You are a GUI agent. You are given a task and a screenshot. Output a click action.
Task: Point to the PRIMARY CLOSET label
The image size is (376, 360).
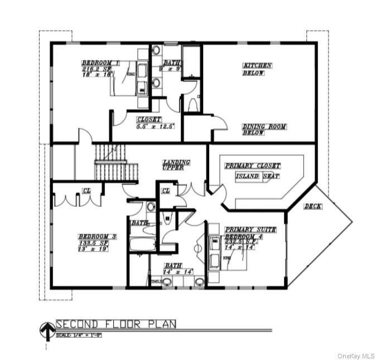[252, 166]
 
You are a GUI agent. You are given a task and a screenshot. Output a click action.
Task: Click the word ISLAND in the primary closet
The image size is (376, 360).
[248, 176]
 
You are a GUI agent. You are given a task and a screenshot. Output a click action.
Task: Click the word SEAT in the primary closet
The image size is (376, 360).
[271, 176]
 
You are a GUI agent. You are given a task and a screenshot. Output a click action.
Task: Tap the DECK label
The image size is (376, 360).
[312, 206]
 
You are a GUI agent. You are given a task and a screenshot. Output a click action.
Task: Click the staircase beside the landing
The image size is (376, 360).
[116, 162]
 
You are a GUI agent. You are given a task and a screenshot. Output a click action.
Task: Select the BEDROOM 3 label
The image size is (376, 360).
[97, 237]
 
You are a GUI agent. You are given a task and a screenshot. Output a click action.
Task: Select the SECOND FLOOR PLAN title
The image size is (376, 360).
[116, 324]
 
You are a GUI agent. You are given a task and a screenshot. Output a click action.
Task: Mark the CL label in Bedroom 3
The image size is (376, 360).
[86, 191]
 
